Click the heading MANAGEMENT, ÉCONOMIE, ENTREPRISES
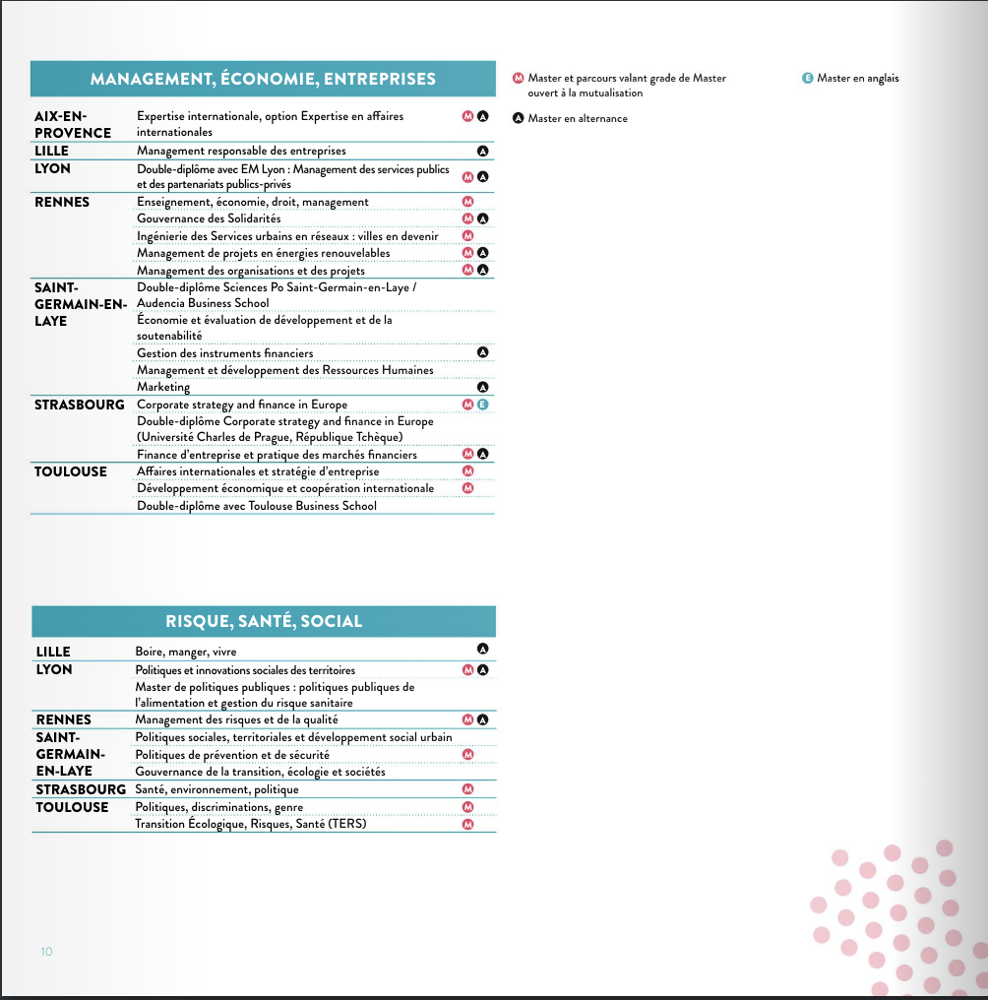click(x=263, y=79)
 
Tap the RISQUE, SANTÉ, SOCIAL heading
click(x=264, y=621)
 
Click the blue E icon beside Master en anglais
click(x=807, y=79)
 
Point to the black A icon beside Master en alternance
click(x=518, y=118)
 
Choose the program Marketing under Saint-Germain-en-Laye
click(x=163, y=387)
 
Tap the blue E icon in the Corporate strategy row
click(x=482, y=405)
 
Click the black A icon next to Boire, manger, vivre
click(x=482, y=649)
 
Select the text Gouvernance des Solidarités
click(x=209, y=219)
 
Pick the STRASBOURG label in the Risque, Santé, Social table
click(x=81, y=789)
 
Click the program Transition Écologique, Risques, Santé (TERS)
click(x=250, y=824)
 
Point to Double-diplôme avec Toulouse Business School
click(x=256, y=506)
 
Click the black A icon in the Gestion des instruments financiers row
click(x=482, y=351)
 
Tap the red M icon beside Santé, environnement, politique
click(x=468, y=789)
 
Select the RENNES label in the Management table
click(x=62, y=202)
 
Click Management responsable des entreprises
click(x=241, y=151)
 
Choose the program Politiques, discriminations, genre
click(x=212, y=807)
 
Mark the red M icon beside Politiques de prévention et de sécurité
click(x=468, y=755)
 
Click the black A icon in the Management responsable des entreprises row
click(x=482, y=152)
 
